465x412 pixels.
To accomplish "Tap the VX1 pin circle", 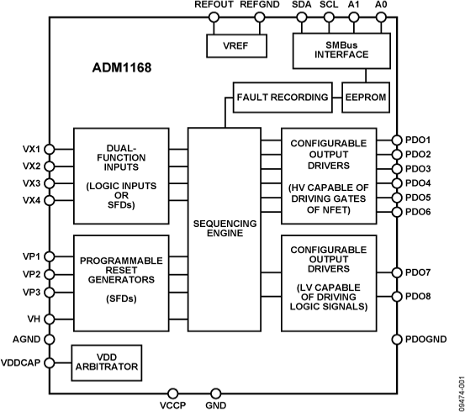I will [x=49, y=149].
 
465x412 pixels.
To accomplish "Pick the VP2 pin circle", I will [x=49, y=274].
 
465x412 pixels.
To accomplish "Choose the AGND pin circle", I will [x=49, y=341].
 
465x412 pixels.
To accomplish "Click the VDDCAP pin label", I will [x=21, y=363].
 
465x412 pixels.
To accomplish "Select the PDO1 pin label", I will [x=418, y=140].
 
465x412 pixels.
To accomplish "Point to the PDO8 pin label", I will [x=418, y=297].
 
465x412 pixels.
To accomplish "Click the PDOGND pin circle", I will [x=396, y=340].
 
